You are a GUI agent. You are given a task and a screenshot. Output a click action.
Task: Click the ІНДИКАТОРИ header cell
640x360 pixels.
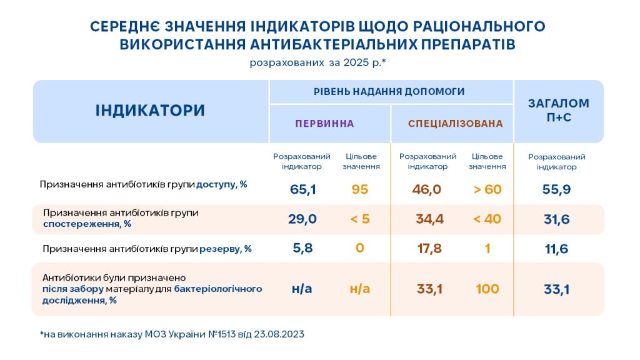point(150,111)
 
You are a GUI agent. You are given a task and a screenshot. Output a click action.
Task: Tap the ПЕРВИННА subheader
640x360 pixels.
point(325,124)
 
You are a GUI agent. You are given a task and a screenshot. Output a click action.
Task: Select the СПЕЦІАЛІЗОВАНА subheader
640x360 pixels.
point(456,124)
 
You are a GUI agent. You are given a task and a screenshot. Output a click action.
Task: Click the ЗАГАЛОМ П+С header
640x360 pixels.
point(559,110)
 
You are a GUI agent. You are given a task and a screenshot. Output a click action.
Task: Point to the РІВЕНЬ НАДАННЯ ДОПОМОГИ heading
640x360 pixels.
point(389,91)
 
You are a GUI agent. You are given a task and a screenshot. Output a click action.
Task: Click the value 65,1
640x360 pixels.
point(303,189)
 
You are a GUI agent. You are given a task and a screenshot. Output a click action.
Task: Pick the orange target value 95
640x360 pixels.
point(359,189)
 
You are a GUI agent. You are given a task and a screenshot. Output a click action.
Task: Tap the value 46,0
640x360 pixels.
point(426,189)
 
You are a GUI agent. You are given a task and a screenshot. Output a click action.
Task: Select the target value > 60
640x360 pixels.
point(487,189)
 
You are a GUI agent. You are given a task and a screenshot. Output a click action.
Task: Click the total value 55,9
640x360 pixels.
point(556,189)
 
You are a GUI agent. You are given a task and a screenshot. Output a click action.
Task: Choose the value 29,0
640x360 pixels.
point(302,219)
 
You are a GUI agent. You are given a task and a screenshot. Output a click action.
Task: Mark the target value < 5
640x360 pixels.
point(360,219)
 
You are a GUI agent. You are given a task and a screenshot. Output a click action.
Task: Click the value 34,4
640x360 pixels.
point(430,219)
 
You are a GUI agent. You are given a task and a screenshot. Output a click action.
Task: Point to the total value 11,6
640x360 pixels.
point(556,249)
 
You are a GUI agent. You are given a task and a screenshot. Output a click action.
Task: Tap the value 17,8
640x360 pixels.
point(429,249)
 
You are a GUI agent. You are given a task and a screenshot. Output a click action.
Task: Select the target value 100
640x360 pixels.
point(487,289)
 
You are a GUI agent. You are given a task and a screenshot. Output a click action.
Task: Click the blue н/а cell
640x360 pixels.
point(302,289)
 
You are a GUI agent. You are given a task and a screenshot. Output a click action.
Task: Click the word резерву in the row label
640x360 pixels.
point(219,249)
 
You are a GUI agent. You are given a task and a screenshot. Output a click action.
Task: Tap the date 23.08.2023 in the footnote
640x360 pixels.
point(279,334)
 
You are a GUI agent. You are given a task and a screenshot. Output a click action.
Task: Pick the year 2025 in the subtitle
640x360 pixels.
point(356,62)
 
